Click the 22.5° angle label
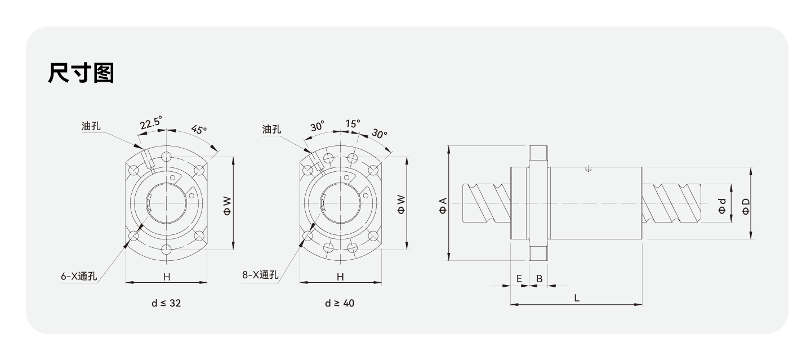tap(151, 123)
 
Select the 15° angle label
tap(353, 123)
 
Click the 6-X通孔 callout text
tap(79, 277)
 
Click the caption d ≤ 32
tap(166, 303)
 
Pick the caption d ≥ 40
tap(340, 303)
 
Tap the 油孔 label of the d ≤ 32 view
tap(91, 126)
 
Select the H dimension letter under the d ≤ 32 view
tap(166, 277)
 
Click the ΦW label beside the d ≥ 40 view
tap(400, 204)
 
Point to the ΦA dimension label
tap(443, 205)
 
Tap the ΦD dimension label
tap(746, 206)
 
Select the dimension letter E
tap(519, 278)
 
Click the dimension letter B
tap(539, 278)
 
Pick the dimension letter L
tap(577, 297)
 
